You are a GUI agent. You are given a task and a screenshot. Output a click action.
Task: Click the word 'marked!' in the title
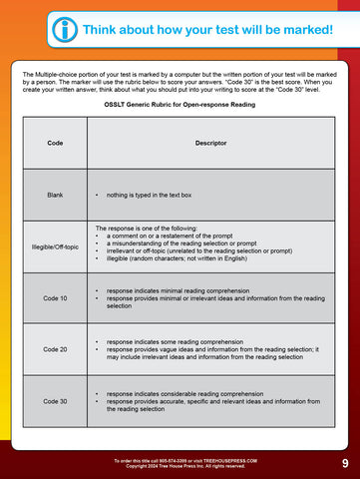pos(305,30)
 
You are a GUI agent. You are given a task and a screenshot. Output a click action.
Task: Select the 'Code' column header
pos(55,143)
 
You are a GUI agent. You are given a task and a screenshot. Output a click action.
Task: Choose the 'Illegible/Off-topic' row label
pos(55,246)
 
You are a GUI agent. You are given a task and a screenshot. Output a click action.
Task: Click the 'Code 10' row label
pos(55,298)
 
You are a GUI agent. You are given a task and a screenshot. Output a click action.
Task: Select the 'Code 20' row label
pos(55,349)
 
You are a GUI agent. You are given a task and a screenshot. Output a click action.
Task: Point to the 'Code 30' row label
pos(55,401)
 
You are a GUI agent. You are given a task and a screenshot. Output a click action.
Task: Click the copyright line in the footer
pos(180,466)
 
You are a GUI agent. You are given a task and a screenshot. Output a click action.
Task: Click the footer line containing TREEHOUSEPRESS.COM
pos(180,460)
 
